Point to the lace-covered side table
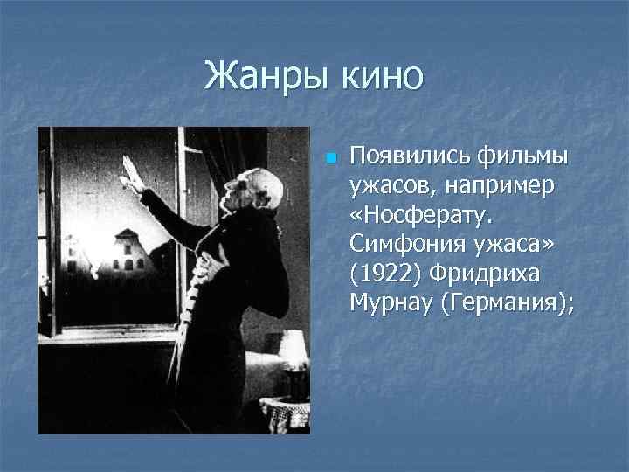(288, 411)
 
